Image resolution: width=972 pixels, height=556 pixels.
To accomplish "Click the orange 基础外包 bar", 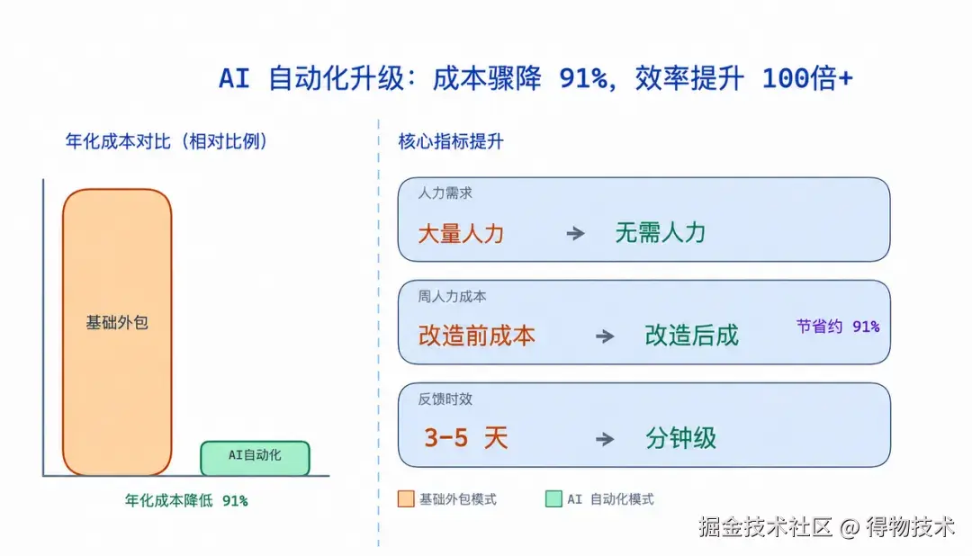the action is [117, 332].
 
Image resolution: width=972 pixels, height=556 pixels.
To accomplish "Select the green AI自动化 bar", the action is [255, 458].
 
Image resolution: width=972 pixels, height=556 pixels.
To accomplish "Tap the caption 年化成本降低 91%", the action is [186, 500].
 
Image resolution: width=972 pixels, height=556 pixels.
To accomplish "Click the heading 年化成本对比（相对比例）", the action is [166, 141].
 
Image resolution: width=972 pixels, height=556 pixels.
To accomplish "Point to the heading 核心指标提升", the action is [451, 141].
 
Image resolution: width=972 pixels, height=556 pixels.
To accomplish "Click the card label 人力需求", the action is [445, 193].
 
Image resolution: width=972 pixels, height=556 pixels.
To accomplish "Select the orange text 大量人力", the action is [461, 234].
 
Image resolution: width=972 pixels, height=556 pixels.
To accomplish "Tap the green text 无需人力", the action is [661, 233].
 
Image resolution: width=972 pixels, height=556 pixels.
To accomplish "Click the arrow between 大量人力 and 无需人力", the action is [575, 234].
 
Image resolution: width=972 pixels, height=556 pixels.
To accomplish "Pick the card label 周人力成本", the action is [452, 296].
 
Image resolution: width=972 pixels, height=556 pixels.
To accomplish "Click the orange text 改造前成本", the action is [476, 336].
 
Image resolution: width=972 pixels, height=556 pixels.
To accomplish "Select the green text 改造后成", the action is [692, 336].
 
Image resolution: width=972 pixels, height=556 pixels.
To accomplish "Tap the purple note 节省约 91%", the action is [838, 326].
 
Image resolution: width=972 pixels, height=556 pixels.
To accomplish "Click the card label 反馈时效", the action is [445, 399].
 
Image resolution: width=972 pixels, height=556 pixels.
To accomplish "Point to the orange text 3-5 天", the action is [466, 438].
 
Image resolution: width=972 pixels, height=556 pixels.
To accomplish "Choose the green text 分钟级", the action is [680, 438].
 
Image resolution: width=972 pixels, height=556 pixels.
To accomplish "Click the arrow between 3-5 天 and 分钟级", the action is [605, 439].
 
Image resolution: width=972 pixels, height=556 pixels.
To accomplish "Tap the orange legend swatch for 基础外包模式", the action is [406, 499].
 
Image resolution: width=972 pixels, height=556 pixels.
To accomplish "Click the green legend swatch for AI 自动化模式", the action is [553, 499].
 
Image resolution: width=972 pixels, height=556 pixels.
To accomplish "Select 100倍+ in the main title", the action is [807, 78].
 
